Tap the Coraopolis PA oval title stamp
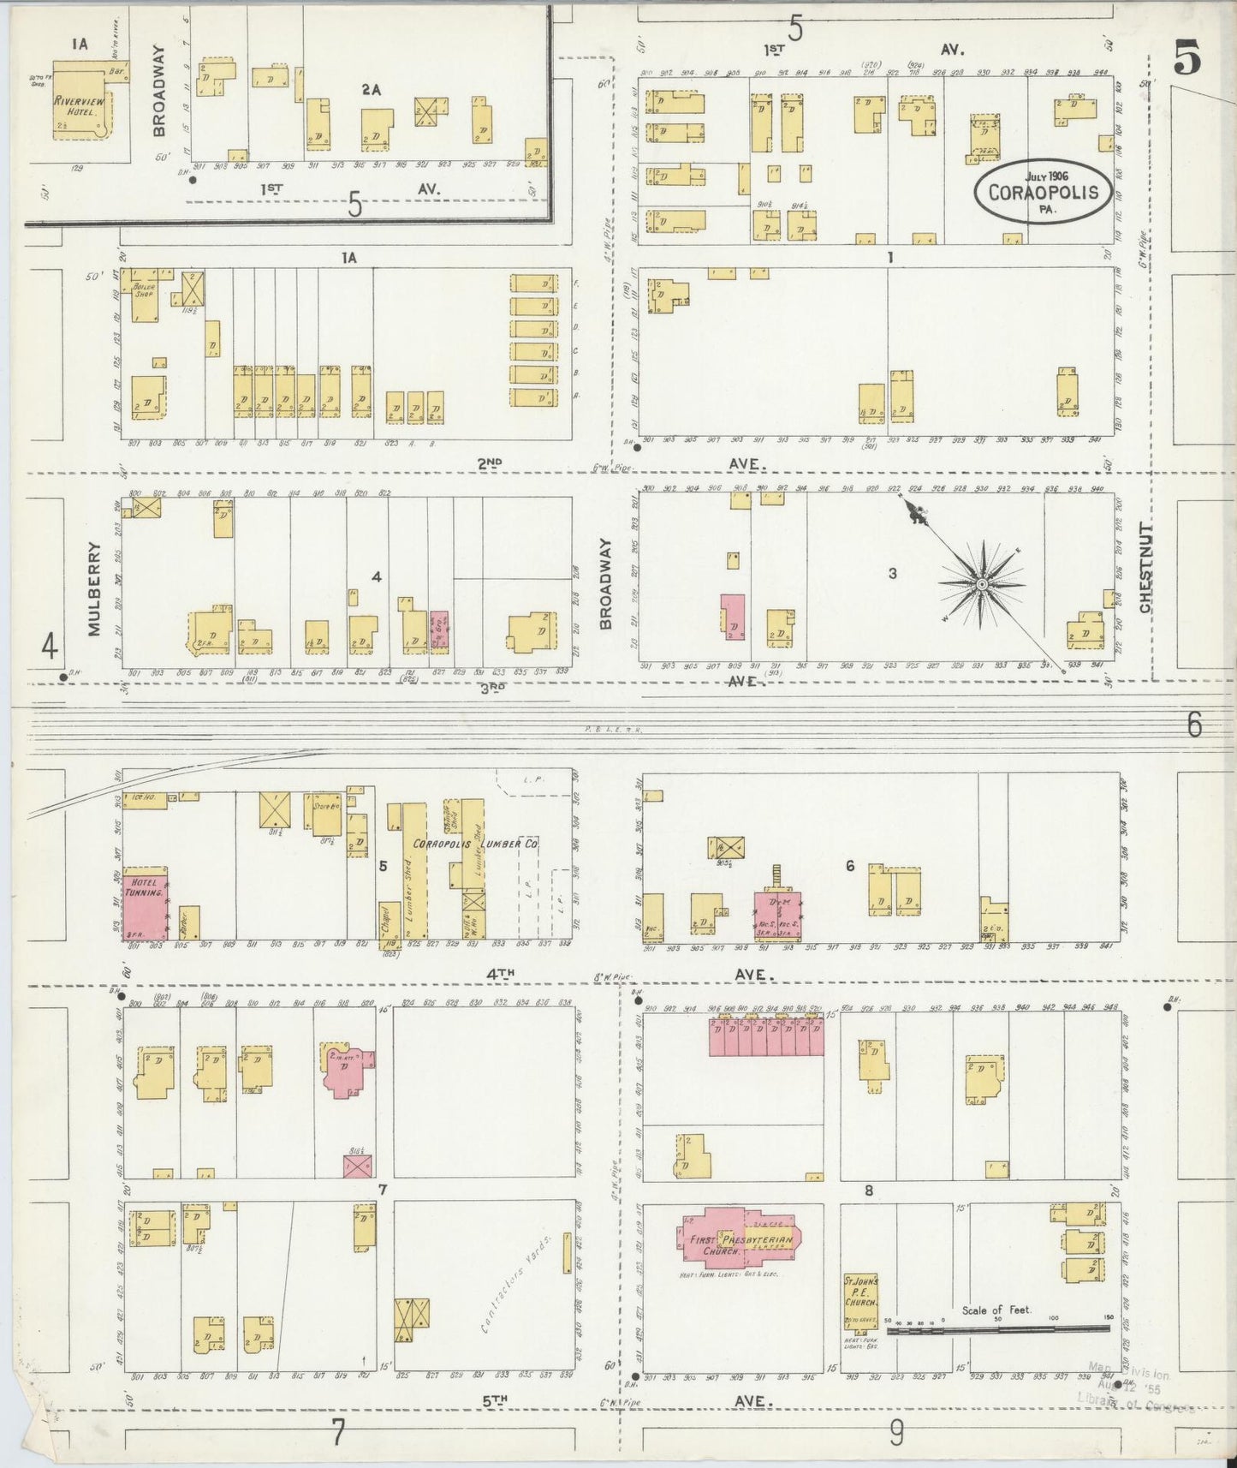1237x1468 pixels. tap(1043, 190)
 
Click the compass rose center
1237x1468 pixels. tap(982, 585)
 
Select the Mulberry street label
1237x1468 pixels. tap(94, 588)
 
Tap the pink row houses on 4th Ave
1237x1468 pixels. tap(766, 1036)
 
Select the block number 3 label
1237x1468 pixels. tap(892, 573)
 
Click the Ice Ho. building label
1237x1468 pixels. tap(144, 797)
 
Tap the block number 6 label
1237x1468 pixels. tap(849, 866)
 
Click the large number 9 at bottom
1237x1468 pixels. tap(895, 1432)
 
